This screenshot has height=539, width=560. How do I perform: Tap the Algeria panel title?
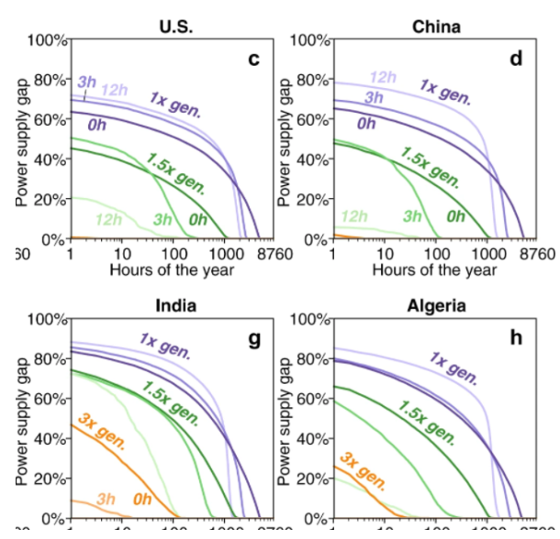(x=437, y=305)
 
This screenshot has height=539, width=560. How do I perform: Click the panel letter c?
(x=254, y=60)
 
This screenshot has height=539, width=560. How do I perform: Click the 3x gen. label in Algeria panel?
(x=364, y=470)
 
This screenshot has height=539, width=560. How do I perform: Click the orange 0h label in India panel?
(x=142, y=499)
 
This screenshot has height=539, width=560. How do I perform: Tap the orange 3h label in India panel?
(x=106, y=499)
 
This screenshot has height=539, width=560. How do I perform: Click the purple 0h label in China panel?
(x=366, y=123)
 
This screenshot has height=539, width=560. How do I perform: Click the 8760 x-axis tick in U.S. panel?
(x=274, y=253)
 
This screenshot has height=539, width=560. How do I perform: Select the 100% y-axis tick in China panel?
(x=310, y=40)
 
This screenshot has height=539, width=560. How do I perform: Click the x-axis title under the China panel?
(x=434, y=269)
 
